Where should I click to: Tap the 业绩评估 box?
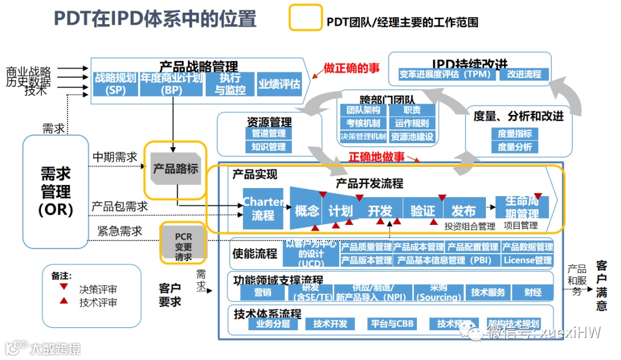tap(279, 84)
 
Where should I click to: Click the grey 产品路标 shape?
tap(175, 168)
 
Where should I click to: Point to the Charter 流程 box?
tap(263, 209)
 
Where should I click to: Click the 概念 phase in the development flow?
tap(306, 210)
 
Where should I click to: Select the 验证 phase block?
tap(423, 210)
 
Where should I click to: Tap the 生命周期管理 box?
tap(522, 208)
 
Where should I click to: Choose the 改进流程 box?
tap(524, 74)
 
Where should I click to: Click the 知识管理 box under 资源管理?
tap(269, 147)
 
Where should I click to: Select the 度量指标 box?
tap(515, 133)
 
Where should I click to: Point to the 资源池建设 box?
tap(412, 137)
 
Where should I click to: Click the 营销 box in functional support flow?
tap(263, 292)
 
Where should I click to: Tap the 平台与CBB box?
tap(390, 324)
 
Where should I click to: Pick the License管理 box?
tap(527, 260)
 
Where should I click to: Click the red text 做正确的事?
tap(351, 68)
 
